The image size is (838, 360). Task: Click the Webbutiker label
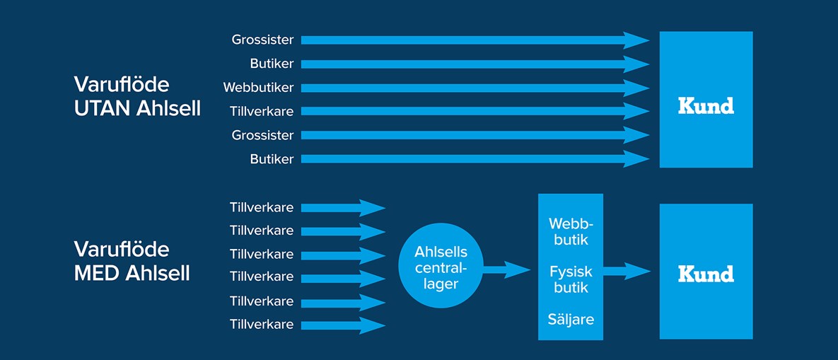258,88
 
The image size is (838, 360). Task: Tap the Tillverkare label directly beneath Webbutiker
261,111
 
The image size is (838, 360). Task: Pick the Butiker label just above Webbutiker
272,64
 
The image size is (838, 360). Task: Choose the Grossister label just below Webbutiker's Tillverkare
262,135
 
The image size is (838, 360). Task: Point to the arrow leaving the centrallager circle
506,269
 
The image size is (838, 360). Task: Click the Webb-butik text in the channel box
570,232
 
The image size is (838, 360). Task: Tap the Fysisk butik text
570,280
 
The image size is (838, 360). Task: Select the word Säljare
571,319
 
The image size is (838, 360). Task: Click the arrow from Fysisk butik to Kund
627,270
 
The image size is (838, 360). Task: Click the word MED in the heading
97,273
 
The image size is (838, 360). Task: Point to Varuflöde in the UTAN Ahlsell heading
122,85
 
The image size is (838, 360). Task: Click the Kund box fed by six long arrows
706,100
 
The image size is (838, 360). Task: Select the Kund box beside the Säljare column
706,271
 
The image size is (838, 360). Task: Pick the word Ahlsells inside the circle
441,252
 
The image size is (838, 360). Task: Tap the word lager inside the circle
441,284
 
